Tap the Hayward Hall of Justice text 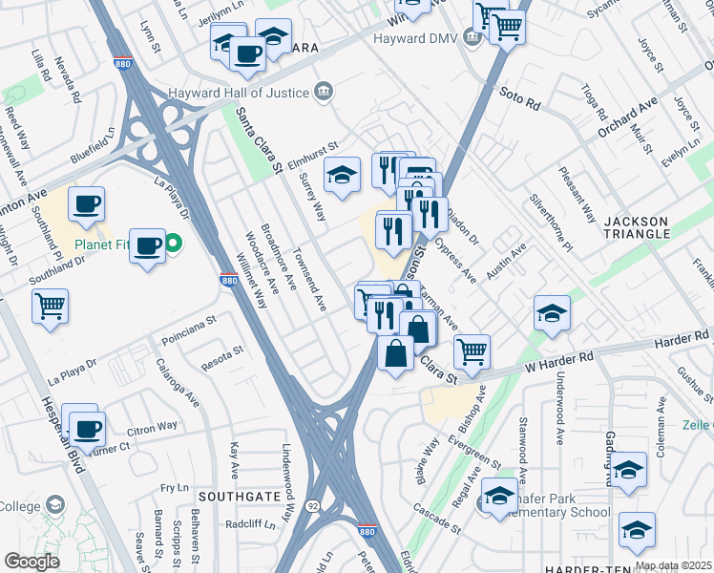tap(239, 93)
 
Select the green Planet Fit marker tap(173, 244)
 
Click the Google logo tap(31, 561)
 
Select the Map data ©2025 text tap(673, 565)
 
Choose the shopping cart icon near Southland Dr tap(51, 308)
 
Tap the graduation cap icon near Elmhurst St tap(342, 174)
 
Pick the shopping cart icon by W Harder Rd tap(472, 351)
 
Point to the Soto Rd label tap(519, 95)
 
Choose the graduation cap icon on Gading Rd tap(629, 469)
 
